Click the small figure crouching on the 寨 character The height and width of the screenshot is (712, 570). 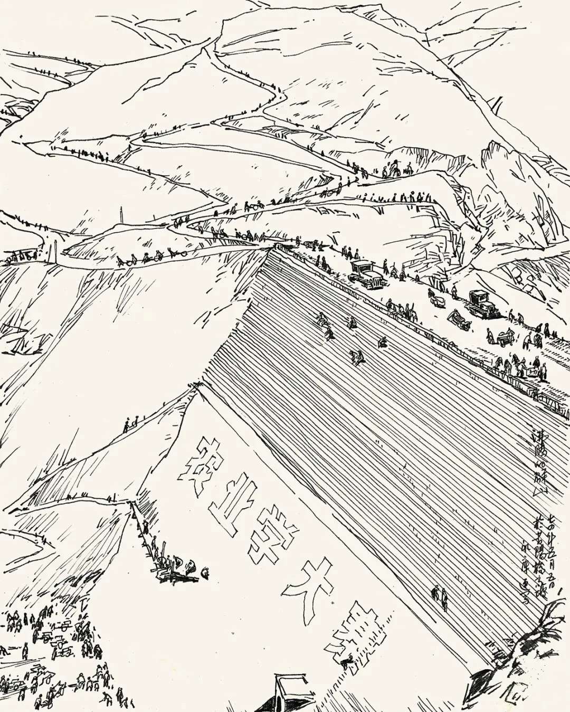347,662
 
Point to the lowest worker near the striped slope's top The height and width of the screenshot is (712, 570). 357,358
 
